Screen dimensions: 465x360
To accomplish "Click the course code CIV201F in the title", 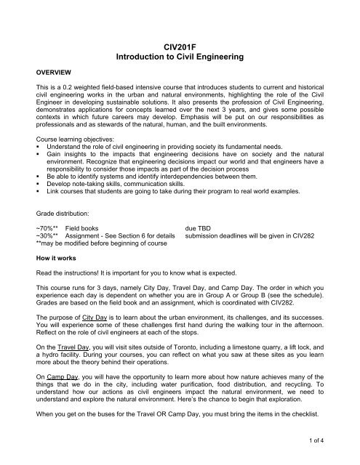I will tap(180, 45).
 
